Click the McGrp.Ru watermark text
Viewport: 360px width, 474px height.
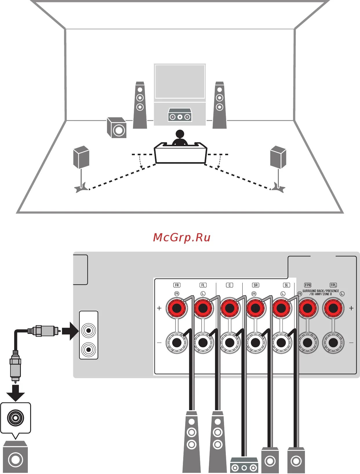tap(182, 238)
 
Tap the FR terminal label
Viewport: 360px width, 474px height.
tap(177, 285)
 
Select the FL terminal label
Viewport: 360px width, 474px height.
tap(203, 285)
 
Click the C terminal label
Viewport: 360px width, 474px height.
tap(230, 285)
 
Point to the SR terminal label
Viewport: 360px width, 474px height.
tap(256, 285)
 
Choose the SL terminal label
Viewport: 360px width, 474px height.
tap(286, 285)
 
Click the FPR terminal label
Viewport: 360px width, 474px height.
tap(308, 285)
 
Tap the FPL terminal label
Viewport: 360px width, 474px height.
tap(333, 285)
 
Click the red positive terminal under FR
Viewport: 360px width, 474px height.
tap(177, 308)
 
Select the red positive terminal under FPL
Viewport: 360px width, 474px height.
tap(333, 308)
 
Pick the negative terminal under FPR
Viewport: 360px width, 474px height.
tap(308, 343)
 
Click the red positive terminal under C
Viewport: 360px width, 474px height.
tap(229, 308)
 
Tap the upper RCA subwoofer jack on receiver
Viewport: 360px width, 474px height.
tap(89, 330)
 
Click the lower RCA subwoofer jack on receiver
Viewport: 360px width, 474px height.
tap(89, 349)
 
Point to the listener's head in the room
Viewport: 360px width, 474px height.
tap(180, 134)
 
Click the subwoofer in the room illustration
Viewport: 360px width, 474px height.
tap(117, 128)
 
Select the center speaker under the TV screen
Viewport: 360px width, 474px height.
tap(180, 115)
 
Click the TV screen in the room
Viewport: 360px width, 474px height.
tap(180, 82)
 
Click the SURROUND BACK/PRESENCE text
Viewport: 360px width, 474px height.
tap(321, 291)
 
